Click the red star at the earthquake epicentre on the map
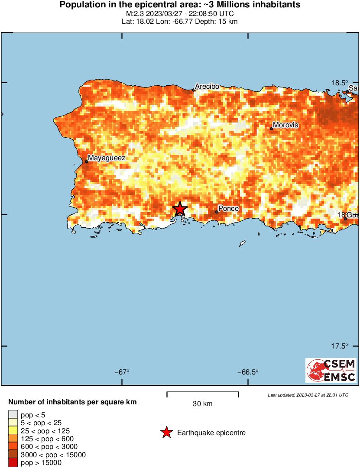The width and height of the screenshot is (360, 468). pos(180,209)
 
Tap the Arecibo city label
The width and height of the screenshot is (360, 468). pos(207,87)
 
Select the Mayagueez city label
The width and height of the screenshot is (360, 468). pos(107,158)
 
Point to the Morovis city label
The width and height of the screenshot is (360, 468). pos(285,125)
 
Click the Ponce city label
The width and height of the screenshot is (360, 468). pos(228,209)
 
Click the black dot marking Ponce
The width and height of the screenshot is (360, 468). pos(217,212)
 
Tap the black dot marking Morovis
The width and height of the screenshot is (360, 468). pos(272,128)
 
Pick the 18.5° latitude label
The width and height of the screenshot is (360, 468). pos(340,83)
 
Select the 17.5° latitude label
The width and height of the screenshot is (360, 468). pos(340,346)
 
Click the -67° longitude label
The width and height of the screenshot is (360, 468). pos(122,372)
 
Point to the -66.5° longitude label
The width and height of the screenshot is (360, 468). pos(248,372)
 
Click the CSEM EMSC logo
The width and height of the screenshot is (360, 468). pos(331,370)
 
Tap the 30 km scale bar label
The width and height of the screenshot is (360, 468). pos(202,404)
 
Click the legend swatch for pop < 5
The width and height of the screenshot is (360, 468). pos(13,415)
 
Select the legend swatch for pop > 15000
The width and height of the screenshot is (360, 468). pos(13,463)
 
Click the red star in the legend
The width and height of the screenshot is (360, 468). pos(166,432)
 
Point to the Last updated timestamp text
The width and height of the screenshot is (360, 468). pos(308,395)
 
